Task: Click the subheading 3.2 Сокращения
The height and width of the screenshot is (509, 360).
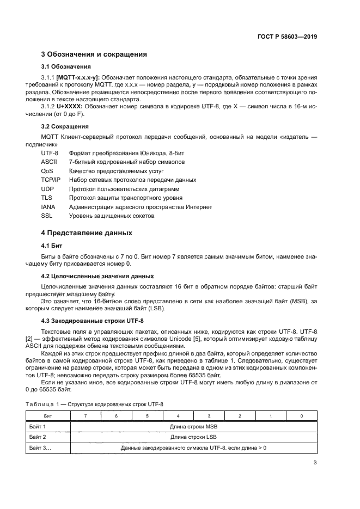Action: (x=66, y=126)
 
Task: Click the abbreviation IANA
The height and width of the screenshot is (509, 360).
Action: (x=48, y=207)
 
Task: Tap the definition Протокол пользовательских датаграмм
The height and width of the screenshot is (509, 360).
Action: (x=117, y=188)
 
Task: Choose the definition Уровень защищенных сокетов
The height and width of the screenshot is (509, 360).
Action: (x=112, y=216)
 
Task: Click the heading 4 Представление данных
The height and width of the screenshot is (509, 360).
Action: (x=87, y=234)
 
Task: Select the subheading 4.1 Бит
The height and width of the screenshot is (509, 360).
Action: (x=52, y=246)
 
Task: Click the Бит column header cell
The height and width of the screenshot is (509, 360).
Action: (x=48, y=416)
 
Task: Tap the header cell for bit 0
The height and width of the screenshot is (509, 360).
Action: (x=302, y=416)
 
